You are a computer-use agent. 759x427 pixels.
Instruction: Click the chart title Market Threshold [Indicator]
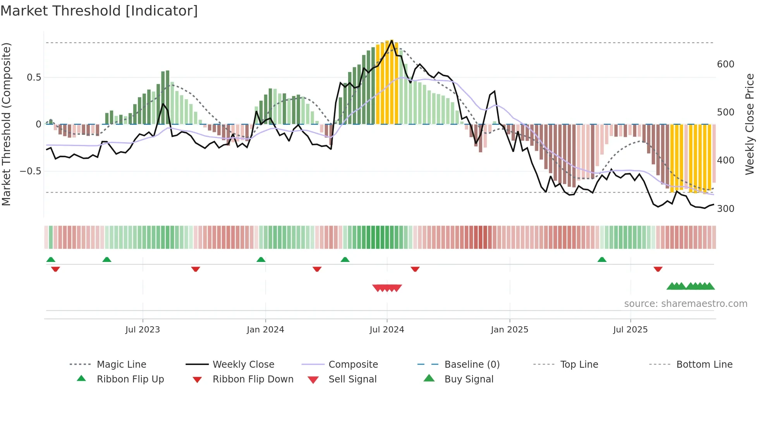[x=99, y=11]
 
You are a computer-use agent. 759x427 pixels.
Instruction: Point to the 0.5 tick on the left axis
[x=34, y=77]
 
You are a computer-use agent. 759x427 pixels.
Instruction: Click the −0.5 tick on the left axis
[x=31, y=171]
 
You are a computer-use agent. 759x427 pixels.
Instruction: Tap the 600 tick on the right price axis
[x=725, y=64]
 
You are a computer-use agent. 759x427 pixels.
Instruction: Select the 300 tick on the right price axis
[x=725, y=209]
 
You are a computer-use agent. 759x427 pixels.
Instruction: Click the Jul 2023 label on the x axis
[x=143, y=330]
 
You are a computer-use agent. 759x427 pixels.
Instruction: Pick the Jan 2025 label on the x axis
[x=509, y=330]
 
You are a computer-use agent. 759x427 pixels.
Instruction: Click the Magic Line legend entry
[x=121, y=365]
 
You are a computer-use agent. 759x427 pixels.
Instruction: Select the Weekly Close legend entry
[x=243, y=365]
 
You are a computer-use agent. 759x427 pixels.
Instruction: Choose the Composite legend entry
[x=353, y=365]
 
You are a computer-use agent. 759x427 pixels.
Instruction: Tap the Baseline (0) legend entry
[x=472, y=365]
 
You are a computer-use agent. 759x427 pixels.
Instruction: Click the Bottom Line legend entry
[x=704, y=365]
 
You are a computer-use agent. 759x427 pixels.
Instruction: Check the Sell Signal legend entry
[x=352, y=379]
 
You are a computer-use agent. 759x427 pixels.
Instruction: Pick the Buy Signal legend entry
[x=469, y=379]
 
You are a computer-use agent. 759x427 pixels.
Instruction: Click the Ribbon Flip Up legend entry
[x=130, y=379]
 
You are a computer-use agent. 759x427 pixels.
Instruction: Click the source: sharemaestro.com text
[x=685, y=304]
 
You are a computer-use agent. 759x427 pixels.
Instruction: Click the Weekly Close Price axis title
[x=750, y=124]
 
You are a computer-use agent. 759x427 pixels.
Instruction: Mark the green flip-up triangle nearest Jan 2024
[x=261, y=260]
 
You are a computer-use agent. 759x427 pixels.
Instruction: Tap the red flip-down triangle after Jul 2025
[x=658, y=269]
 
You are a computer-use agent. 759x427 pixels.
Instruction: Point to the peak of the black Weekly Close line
[x=392, y=40]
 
